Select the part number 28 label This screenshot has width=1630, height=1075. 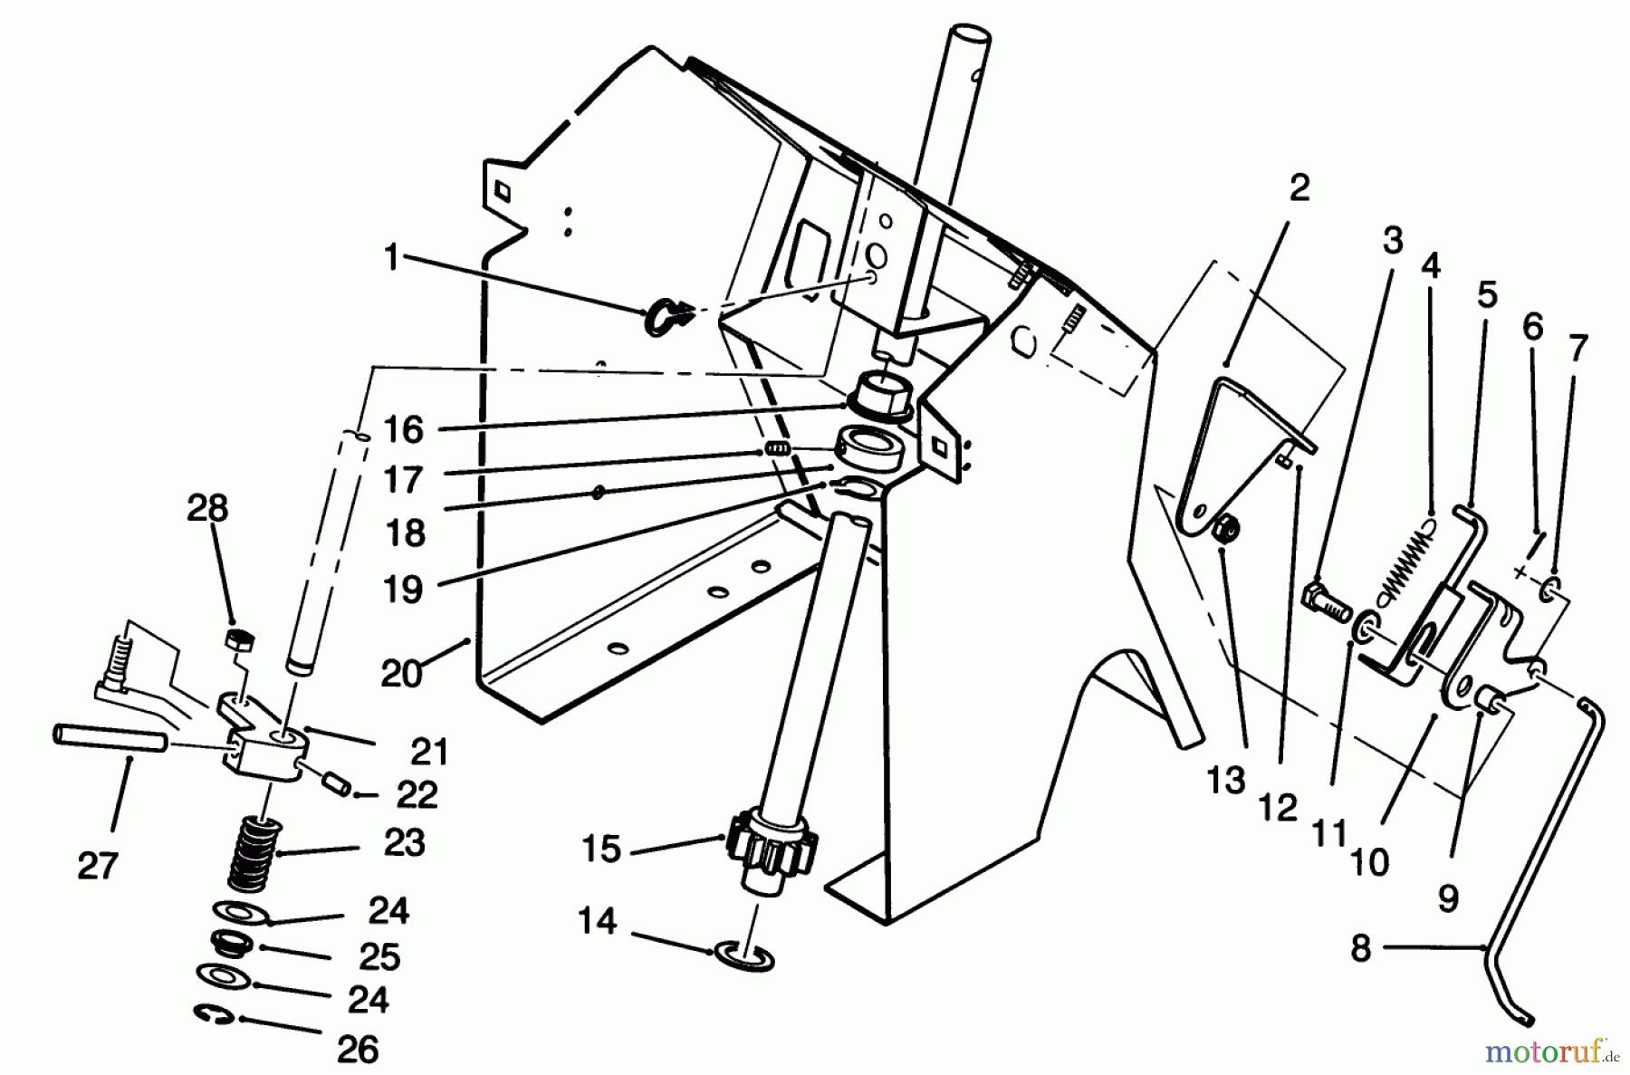pyautogui.click(x=207, y=508)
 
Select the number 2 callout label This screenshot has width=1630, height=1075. pyautogui.click(x=1299, y=188)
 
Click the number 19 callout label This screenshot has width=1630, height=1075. pyautogui.click(x=405, y=590)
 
